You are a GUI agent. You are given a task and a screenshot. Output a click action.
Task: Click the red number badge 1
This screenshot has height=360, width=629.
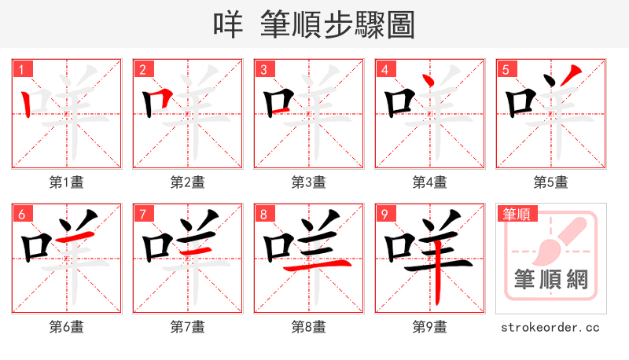coord(22,70)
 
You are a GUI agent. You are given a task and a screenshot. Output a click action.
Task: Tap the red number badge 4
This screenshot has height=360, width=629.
coord(385,70)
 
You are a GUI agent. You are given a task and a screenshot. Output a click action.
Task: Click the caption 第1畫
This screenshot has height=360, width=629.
coord(67,182)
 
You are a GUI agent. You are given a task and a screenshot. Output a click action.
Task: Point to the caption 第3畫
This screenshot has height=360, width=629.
coord(309,182)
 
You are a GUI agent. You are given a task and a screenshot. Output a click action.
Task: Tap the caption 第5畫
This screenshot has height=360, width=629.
coord(551,182)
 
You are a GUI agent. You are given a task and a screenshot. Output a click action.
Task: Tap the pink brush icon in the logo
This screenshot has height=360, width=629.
coord(556,240)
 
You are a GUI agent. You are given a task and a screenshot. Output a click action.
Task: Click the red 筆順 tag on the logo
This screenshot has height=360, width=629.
coord(516,214)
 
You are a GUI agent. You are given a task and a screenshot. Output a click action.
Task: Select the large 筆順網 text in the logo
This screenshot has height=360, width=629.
coord(551,280)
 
